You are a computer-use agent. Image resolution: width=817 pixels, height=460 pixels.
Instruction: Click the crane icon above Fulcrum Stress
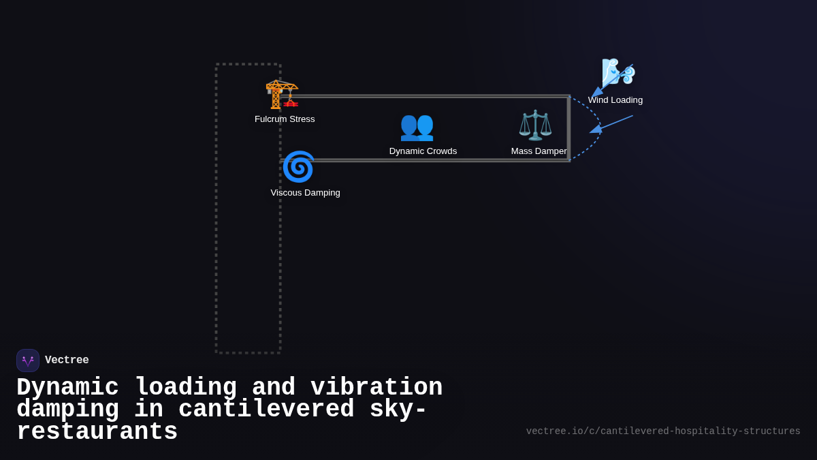coord(281,94)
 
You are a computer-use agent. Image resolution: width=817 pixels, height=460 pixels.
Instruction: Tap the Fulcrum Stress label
coord(285,119)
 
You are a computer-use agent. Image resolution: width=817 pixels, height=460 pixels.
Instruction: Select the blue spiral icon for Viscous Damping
coord(298,167)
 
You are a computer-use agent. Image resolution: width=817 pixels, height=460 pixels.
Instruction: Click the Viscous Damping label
coord(305,193)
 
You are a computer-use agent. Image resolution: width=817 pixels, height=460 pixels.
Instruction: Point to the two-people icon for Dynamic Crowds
coord(417,126)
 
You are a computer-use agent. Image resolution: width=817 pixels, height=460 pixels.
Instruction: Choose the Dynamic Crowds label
coord(423,151)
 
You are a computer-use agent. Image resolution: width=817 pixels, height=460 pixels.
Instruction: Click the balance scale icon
coord(535,125)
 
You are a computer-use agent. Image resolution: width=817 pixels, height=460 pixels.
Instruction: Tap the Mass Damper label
coord(539,151)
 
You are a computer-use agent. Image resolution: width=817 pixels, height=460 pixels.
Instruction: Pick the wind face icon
coord(618,72)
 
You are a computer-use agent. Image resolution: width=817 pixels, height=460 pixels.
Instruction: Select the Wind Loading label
coord(615,100)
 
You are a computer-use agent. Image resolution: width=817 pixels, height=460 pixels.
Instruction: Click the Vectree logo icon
coord(28,361)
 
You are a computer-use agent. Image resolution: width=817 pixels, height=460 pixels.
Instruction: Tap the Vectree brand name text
coord(67,361)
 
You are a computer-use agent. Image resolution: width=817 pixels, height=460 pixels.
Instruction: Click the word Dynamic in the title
coord(67,387)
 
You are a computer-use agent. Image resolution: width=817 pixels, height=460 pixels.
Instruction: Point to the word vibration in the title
coord(377,387)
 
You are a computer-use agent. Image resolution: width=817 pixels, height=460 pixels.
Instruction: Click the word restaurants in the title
coord(97,432)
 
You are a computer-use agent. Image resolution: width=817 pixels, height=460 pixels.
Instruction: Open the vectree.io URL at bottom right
coord(663,431)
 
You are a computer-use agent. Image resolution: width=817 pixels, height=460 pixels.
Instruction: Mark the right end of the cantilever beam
coord(568,129)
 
